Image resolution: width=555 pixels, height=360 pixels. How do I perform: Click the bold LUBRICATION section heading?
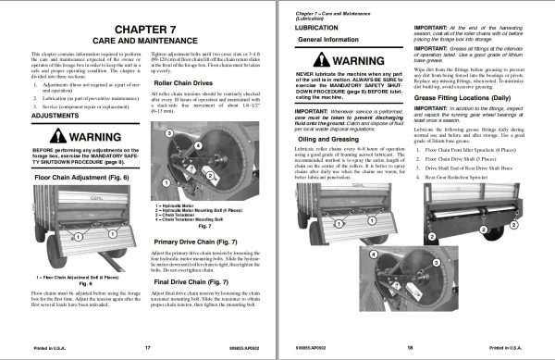tap(314, 28)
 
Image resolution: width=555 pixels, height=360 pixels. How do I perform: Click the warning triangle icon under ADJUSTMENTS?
tap(48, 136)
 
